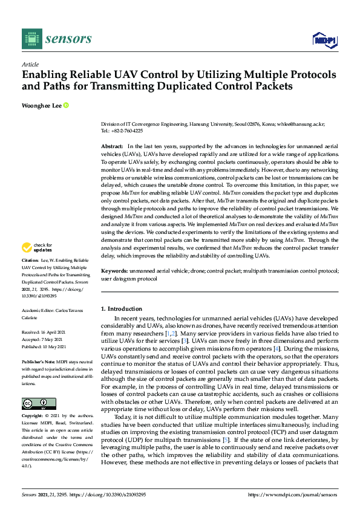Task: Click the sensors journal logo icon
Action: (x=31, y=39)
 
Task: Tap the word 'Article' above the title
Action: (x=30, y=64)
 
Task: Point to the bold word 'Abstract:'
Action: (x=112, y=147)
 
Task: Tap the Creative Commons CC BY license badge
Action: (x=39, y=404)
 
